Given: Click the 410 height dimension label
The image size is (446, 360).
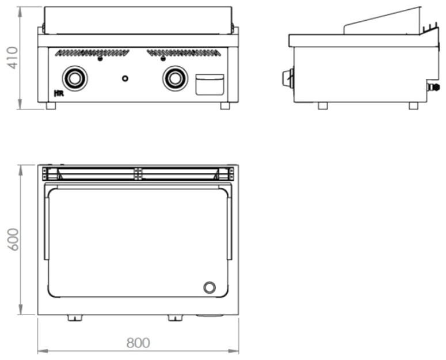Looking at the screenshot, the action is click(x=13, y=58).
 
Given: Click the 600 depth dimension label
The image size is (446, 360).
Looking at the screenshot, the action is click(x=13, y=240).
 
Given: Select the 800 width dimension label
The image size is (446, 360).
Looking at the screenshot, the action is click(x=138, y=343).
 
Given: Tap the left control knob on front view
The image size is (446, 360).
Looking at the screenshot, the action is click(x=75, y=78).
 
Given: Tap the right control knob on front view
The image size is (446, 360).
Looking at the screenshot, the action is click(x=175, y=78).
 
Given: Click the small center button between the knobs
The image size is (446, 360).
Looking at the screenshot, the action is click(x=125, y=78).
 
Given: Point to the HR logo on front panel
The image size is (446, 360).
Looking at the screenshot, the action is click(x=59, y=93).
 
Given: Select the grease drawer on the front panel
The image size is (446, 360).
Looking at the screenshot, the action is click(x=209, y=85).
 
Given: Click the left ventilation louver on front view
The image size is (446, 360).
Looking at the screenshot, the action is click(x=92, y=52).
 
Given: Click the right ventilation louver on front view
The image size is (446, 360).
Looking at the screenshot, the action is click(x=184, y=52).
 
